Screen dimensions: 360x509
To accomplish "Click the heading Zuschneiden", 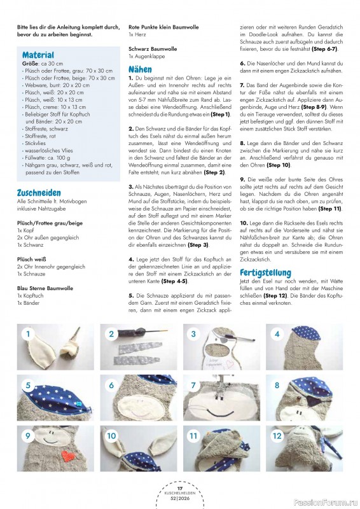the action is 39,193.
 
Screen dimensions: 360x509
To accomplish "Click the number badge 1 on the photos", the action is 27,333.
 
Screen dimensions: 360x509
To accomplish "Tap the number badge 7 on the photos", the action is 193,385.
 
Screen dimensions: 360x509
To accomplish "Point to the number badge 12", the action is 277,436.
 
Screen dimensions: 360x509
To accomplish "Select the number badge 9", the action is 27,436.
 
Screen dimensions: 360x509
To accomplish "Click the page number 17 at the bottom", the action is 180,488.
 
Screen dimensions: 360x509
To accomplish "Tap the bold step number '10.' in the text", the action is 244,223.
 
